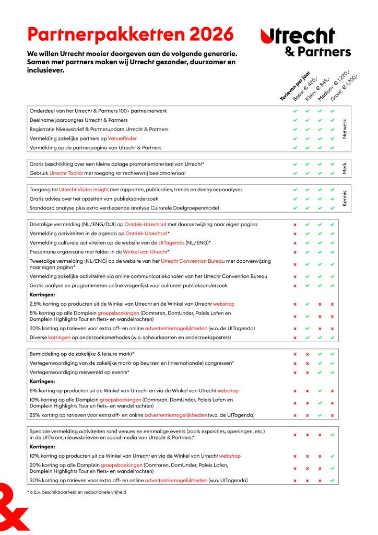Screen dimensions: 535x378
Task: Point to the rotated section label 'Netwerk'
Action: click(344, 129)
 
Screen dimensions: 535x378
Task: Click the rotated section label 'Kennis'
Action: click(344, 199)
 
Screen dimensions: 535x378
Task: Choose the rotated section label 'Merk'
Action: click(344, 168)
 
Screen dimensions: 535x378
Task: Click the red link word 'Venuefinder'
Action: click(122, 138)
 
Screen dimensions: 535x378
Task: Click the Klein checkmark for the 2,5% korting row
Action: click(308, 304)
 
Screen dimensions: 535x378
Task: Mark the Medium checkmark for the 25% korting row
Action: click(320, 415)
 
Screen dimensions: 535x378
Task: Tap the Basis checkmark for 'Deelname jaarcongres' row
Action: click(295, 120)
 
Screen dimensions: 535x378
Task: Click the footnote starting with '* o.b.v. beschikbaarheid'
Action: click(77, 492)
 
